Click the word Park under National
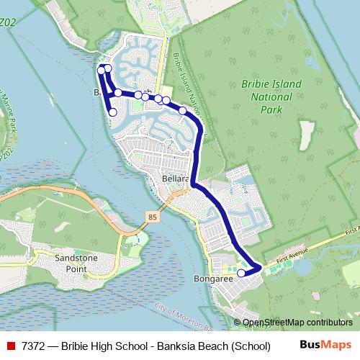pyautogui.click(x=272, y=110)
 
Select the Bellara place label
pyautogui.click(x=175, y=177)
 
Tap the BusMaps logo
pyautogui.click(x=325, y=346)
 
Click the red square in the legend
pyautogui.click(x=11, y=346)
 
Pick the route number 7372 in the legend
pyautogui.click(x=35, y=346)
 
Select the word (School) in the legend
pyautogui.click(x=250, y=346)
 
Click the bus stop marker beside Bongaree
pyautogui.click(x=241, y=273)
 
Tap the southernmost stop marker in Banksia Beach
pyautogui.click(x=112, y=112)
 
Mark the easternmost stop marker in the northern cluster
pyautogui.click(x=183, y=110)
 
